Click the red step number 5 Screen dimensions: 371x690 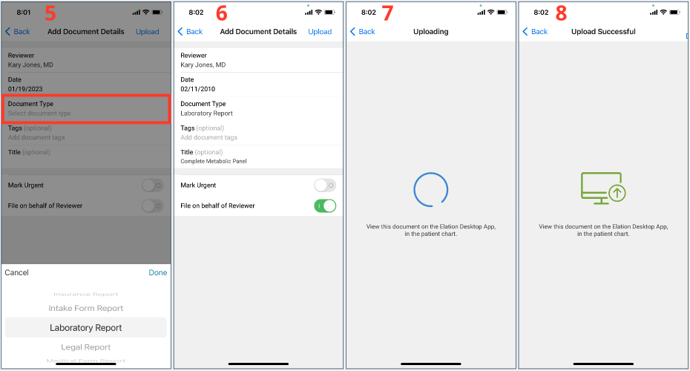tap(51, 13)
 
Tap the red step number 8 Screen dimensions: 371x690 tap(562, 13)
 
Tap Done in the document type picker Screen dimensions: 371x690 tap(158, 273)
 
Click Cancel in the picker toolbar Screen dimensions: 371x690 tap(17, 273)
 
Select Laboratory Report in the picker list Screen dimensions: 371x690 tap(86, 328)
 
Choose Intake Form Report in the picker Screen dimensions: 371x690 tap(86, 309)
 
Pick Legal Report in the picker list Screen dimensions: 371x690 tap(86, 347)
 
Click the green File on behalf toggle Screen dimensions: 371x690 tap(325, 206)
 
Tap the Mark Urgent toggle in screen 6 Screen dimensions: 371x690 tap(325, 185)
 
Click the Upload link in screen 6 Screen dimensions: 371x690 tap(320, 32)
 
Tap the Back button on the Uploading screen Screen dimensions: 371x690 tap(363, 32)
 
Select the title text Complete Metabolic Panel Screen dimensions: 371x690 tap(214, 161)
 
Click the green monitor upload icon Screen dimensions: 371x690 tap(602, 188)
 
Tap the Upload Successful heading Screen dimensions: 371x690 tap(603, 32)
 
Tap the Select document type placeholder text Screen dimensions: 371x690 tap(39, 114)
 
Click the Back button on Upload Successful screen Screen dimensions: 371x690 tap(536, 32)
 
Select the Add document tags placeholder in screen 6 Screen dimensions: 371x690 tap(209, 137)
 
